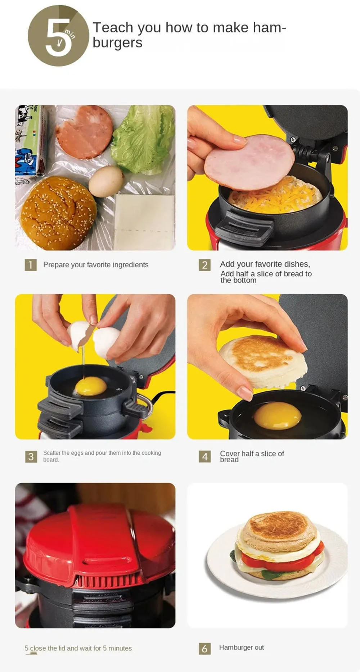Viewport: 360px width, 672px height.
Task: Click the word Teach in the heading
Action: pos(113,27)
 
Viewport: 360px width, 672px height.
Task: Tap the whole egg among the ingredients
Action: pos(106,181)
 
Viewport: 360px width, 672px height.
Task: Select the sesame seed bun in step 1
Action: pos(58,213)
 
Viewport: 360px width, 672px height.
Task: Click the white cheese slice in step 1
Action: pos(144,222)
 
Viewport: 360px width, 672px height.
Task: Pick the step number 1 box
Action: pos(31,265)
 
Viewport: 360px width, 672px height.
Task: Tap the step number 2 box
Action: pos(205,265)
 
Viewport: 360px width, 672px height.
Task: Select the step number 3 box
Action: pos(31,457)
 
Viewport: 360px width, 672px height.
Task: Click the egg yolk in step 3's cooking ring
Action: pos(91,386)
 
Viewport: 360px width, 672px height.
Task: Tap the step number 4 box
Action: pos(205,457)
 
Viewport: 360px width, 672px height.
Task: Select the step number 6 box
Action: pos(205,649)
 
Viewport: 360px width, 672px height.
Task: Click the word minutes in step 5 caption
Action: pos(120,648)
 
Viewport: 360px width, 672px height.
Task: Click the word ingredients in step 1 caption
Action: pos(130,265)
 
